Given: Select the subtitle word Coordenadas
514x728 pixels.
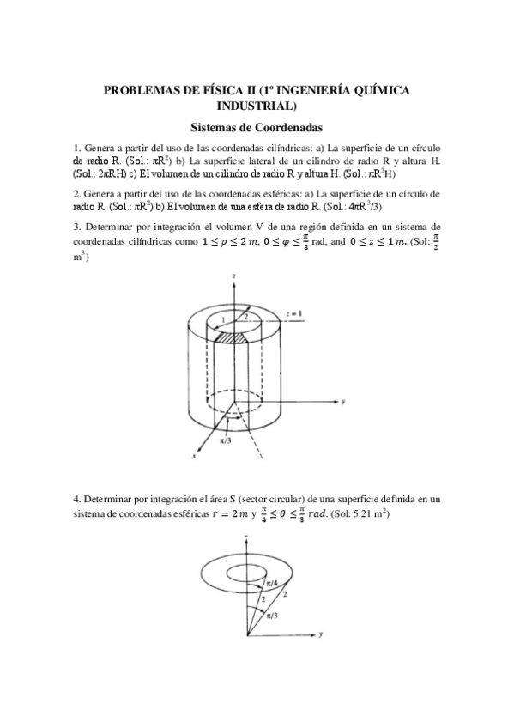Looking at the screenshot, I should click(x=287, y=127).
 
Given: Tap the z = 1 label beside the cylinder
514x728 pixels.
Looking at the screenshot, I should click(x=294, y=315).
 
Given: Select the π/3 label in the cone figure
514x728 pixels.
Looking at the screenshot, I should click(x=270, y=616).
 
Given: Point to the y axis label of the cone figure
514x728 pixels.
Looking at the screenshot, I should click(x=319, y=635).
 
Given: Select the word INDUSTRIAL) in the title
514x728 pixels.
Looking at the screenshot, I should click(x=257, y=106).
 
